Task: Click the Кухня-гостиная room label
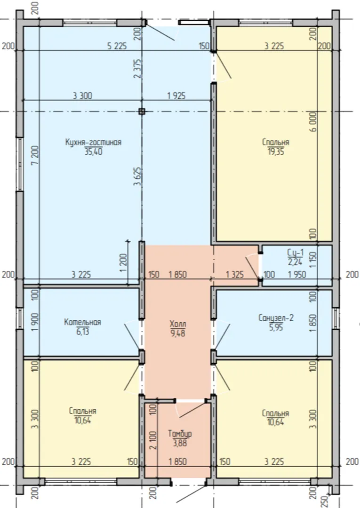pyautogui.click(x=93, y=142)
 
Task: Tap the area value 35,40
pyautogui.click(x=93, y=151)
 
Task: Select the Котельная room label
pyautogui.click(x=82, y=322)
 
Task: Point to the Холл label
pyautogui.click(x=178, y=324)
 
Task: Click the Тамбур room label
pyautogui.click(x=180, y=434)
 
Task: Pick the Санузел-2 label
pyautogui.click(x=276, y=318)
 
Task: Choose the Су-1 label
pyautogui.click(x=295, y=252)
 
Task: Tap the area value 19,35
pyautogui.click(x=276, y=151)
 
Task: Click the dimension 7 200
pyautogui.click(x=35, y=155)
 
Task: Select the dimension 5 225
pyautogui.click(x=117, y=46)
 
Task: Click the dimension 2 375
pyautogui.click(x=138, y=68)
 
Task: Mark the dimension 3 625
pyautogui.click(x=138, y=176)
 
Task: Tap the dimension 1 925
pyautogui.click(x=176, y=96)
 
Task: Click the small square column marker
pyautogui.click(x=142, y=111)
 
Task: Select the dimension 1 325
pyautogui.click(x=235, y=274)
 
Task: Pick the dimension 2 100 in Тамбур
pyautogui.click(x=153, y=440)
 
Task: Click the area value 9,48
pyautogui.click(x=178, y=333)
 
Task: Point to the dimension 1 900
pyautogui.click(x=35, y=322)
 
